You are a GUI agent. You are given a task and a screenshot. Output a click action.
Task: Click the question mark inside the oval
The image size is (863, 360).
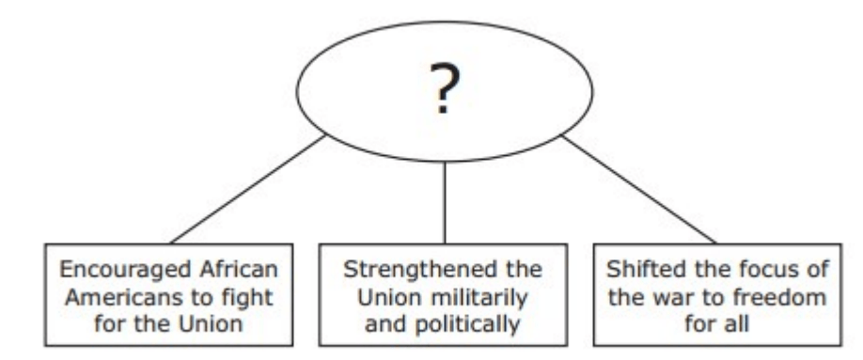[445, 88]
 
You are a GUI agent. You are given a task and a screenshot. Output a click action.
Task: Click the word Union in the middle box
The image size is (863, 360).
[388, 298]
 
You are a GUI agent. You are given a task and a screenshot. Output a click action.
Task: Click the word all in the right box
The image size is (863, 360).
[736, 324]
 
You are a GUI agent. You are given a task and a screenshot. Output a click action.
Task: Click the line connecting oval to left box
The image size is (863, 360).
[247, 188]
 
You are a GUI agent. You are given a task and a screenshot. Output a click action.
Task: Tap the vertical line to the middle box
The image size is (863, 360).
[444, 203]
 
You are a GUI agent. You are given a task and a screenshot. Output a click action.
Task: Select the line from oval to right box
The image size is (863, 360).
[638, 188]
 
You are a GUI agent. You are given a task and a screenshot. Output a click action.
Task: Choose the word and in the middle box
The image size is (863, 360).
[387, 324]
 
